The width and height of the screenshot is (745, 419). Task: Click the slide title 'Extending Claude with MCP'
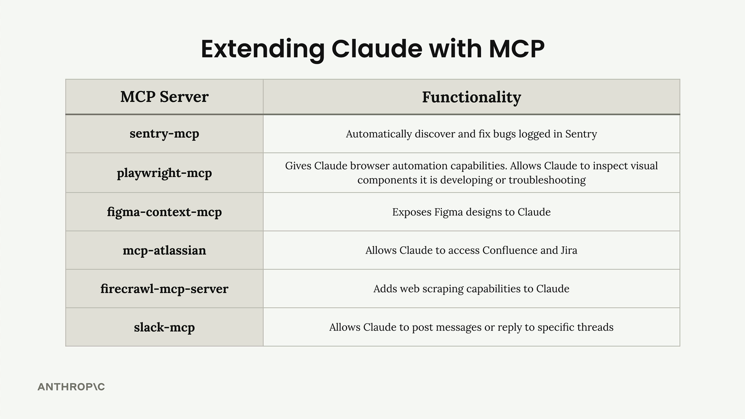372,49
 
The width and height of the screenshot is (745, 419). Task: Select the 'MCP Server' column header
164,97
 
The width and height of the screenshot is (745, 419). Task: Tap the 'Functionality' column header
471,97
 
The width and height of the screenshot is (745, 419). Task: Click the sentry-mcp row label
164,133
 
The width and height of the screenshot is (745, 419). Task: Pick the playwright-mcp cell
164,173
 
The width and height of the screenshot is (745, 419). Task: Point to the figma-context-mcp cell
164,212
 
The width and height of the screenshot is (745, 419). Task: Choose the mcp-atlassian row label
164,250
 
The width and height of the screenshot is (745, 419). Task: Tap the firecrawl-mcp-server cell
164,289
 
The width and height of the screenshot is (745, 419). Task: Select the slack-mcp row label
164,327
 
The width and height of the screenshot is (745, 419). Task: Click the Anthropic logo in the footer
71,387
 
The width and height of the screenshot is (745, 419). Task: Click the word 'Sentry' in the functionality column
581,134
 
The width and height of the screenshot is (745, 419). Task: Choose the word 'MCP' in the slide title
516,49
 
